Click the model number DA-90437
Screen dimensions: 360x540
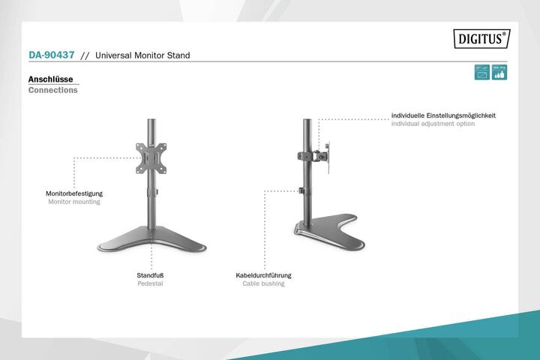(x=51, y=55)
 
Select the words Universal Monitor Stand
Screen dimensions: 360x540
(x=142, y=55)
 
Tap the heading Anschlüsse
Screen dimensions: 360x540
(x=49, y=79)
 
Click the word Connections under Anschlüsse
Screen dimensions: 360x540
(x=52, y=90)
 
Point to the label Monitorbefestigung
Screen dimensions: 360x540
(x=74, y=193)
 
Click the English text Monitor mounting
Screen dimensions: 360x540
(x=74, y=202)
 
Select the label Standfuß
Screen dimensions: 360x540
(x=150, y=275)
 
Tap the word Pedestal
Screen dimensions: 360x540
(x=150, y=284)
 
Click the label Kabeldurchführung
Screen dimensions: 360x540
(x=263, y=275)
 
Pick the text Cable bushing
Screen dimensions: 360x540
(x=263, y=284)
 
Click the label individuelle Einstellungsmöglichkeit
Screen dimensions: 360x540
(x=443, y=115)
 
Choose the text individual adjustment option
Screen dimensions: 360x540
(x=433, y=124)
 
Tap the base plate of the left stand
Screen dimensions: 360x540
(x=150, y=241)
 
